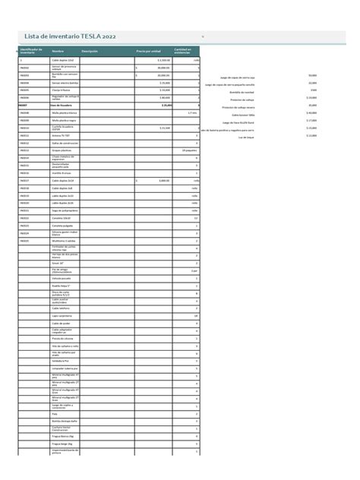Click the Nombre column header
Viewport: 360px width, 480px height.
pos(57,51)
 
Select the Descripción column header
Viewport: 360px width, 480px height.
pos(90,51)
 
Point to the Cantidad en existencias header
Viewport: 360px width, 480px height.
pos(182,51)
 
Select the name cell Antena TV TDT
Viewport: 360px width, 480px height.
pos(62,135)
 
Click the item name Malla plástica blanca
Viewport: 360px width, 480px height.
pos(65,112)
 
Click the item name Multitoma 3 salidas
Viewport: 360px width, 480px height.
pos(64,241)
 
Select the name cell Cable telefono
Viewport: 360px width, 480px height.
pos(60,308)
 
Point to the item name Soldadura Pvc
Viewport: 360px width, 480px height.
pos(61,361)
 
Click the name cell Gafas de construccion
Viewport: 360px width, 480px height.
pos(65,143)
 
